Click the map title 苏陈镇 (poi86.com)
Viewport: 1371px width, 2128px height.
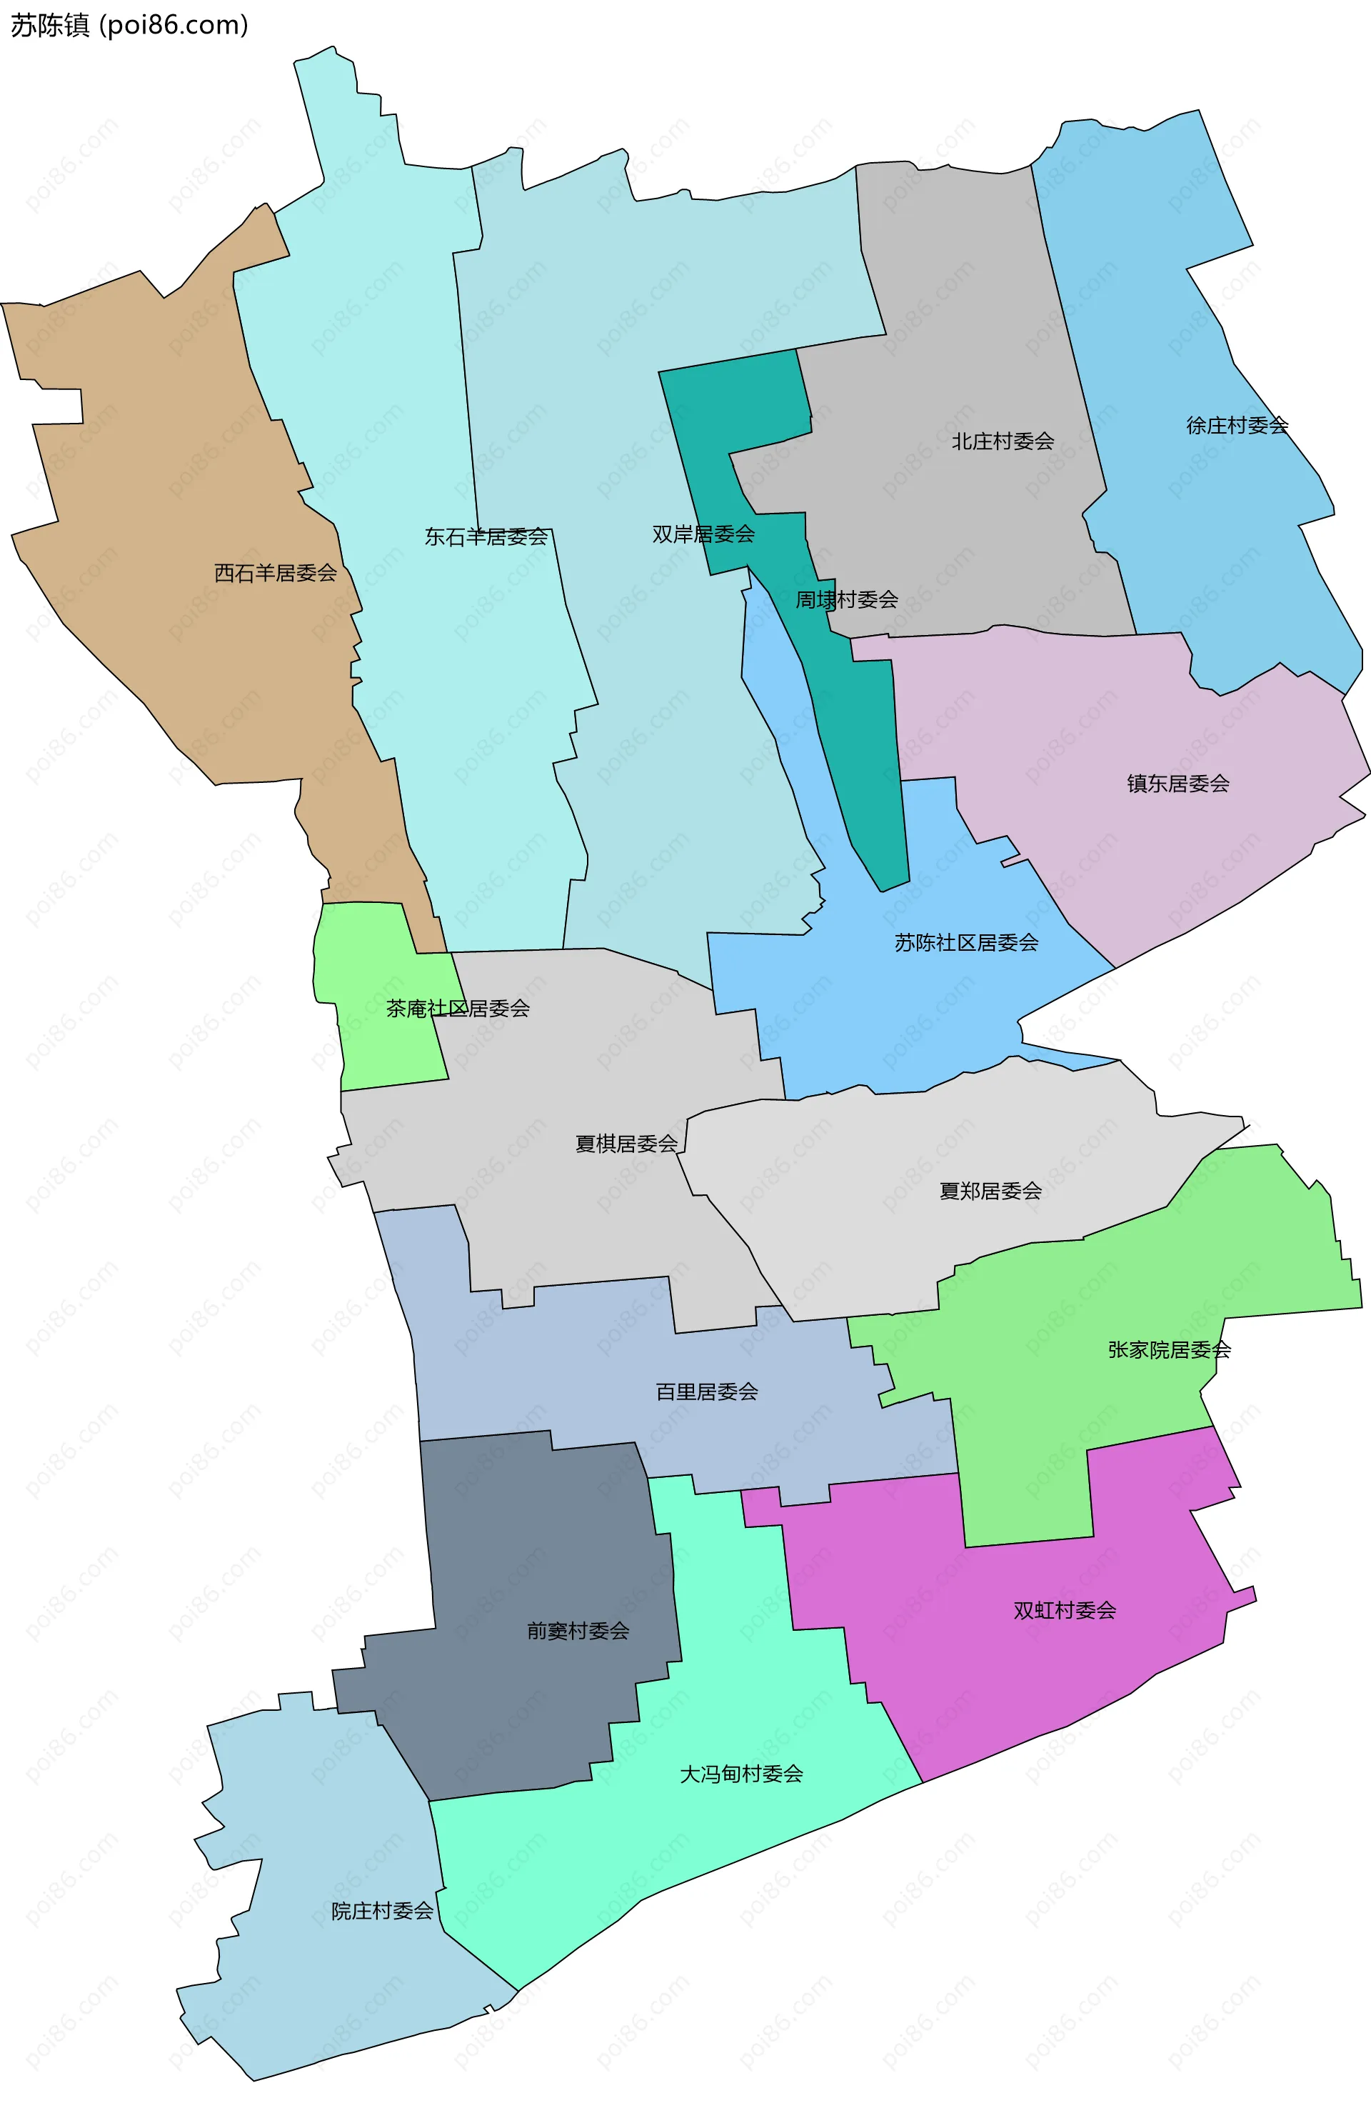click(129, 25)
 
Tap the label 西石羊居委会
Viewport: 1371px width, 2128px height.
click(275, 572)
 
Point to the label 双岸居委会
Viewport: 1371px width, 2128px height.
click(703, 534)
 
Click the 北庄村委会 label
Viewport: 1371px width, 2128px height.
click(1003, 441)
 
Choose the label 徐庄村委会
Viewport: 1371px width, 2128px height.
click(1237, 425)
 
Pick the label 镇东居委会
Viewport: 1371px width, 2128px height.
click(1177, 783)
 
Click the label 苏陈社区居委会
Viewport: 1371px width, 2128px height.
click(966, 942)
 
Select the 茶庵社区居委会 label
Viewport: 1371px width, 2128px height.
click(458, 1008)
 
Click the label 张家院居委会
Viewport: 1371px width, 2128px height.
click(1169, 1349)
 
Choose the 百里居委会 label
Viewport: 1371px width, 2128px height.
click(707, 1391)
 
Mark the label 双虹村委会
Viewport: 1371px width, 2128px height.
click(1064, 1610)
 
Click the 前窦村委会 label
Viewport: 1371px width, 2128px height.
click(578, 1630)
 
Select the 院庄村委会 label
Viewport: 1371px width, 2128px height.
click(382, 1911)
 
